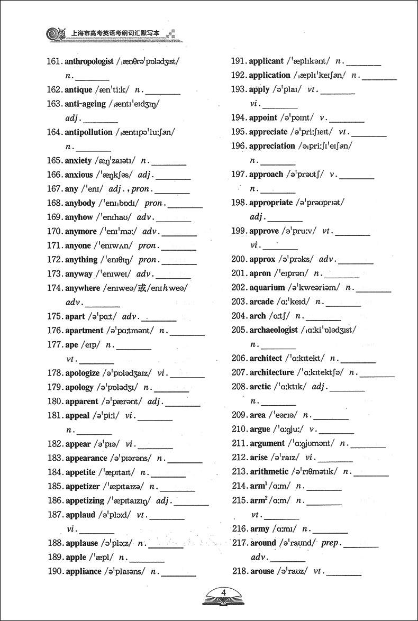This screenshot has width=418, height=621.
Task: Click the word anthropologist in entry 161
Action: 89,61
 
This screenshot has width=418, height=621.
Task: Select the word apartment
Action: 84,331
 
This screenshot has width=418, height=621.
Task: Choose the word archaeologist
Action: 273,330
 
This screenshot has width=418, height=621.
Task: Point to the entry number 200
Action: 239,259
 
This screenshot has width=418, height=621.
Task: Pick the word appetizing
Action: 85,500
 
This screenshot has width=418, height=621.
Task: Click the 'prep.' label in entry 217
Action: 331,543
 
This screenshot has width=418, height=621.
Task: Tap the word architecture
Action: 271,372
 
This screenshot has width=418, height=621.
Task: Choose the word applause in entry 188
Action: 81,543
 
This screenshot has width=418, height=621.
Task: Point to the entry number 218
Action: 239,571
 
